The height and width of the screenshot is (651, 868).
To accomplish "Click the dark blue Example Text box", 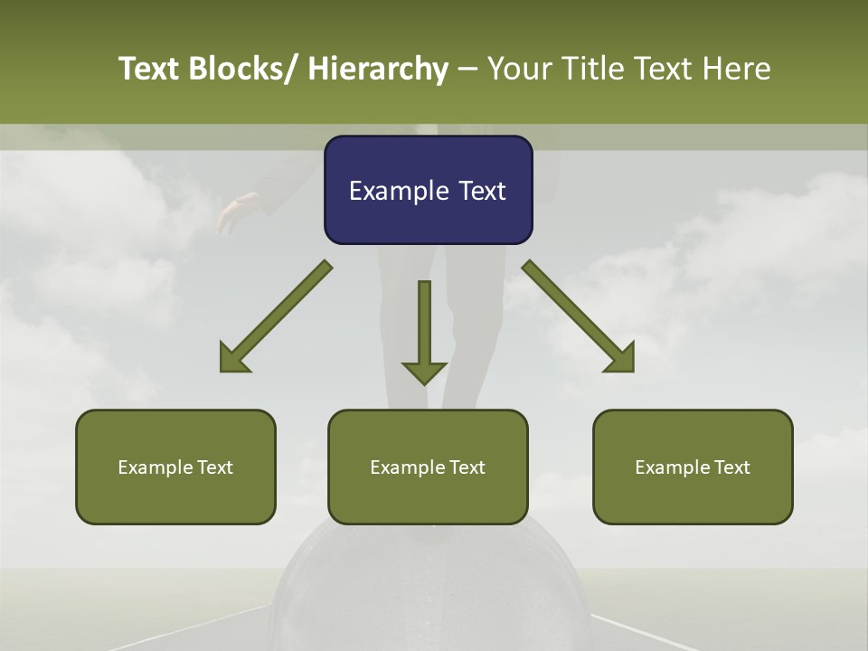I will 428,190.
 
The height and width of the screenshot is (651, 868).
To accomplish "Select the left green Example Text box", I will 175,467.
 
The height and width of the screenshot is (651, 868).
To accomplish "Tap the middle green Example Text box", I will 428,467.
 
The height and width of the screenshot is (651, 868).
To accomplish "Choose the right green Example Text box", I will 693,467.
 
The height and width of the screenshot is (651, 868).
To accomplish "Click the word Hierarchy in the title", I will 378,69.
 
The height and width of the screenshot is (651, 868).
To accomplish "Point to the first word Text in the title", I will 150,69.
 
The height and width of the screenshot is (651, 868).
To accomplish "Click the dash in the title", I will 467,69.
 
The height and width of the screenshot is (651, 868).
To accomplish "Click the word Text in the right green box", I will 731,467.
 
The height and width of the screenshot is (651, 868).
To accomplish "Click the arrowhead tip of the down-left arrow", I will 222,370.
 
